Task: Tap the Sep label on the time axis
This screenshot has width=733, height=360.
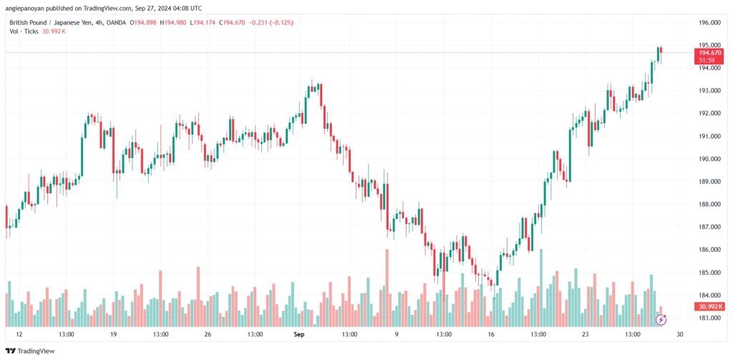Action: click(299, 334)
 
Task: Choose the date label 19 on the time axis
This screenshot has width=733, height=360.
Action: click(114, 334)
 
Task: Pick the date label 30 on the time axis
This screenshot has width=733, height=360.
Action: click(680, 334)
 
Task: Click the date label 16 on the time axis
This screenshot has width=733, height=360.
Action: click(491, 334)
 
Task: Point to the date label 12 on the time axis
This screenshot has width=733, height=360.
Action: click(19, 334)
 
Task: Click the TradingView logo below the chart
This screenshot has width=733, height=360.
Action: click(30, 351)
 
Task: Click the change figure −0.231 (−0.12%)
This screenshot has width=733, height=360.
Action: click(271, 22)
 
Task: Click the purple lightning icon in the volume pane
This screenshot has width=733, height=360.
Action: click(661, 320)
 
